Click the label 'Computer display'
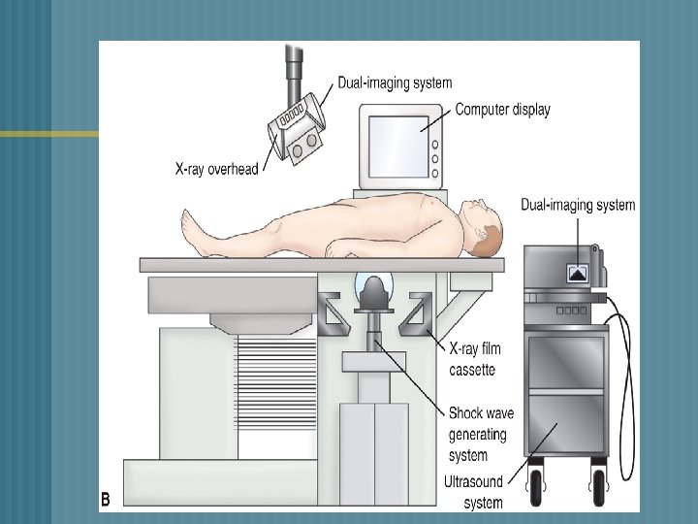pyautogui.click(x=502, y=110)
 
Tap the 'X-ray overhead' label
pyautogui.click(x=216, y=169)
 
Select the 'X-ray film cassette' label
pyautogui.click(x=472, y=358)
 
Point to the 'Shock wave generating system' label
pyautogui.click(x=481, y=434)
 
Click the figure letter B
pyautogui.click(x=106, y=500)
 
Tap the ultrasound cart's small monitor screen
pyautogui.click(x=581, y=272)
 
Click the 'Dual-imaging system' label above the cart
pyautogui.click(x=578, y=205)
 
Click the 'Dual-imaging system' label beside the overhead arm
pyautogui.click(x=395, y=83)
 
